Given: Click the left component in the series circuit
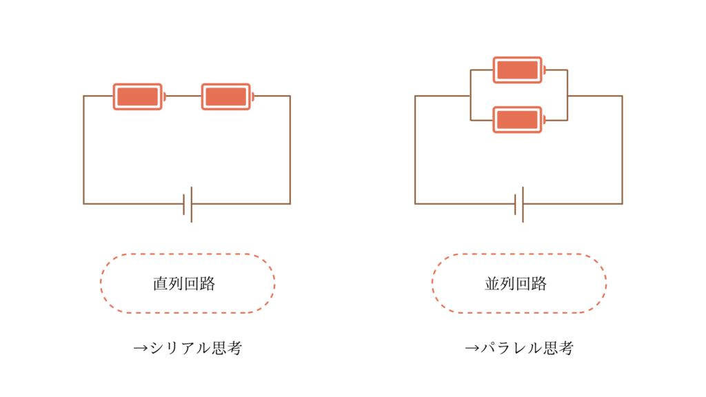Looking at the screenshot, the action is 138,96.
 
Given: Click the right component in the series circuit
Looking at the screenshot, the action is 226,96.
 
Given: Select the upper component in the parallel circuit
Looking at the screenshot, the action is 518,70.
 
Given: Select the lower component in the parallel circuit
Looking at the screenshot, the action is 518,120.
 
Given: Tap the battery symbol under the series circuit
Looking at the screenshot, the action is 188,204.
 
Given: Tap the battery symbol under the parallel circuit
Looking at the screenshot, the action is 519,204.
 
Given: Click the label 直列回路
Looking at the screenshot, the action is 184,283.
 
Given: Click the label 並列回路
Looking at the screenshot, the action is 516,283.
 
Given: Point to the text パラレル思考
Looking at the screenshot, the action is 527,348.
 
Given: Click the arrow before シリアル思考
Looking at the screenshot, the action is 141,348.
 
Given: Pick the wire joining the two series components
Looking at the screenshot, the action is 183,96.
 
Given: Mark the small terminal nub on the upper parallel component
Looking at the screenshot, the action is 544,70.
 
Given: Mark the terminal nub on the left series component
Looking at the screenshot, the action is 164,96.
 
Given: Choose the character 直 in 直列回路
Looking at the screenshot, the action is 160,283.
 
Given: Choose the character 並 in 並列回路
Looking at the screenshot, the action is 492,283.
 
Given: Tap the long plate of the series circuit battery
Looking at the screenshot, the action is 192,204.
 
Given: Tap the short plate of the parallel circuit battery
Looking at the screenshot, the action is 516,204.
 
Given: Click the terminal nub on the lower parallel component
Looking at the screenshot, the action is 544,120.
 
